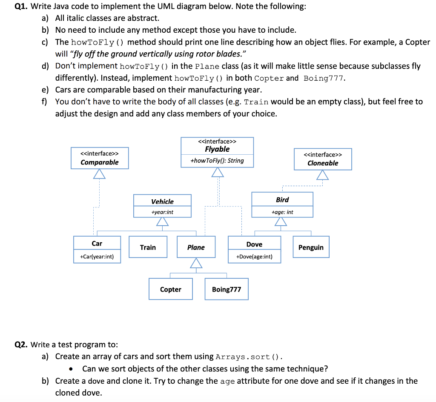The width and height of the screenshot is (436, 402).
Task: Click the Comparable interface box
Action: (99, 158)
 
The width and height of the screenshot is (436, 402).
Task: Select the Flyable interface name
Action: (217, 149)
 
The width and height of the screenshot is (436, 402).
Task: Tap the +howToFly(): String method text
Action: (217, 161)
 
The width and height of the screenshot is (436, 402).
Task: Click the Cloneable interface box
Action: (323, 159)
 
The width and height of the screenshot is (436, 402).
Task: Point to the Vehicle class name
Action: (162, 201)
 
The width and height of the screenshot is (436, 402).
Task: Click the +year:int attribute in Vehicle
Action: (162, 212)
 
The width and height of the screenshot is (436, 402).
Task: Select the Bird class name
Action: (282, 200)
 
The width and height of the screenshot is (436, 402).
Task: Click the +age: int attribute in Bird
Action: (282, 212)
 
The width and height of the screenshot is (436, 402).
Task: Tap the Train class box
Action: (148, 247)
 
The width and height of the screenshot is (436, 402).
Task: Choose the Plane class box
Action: (196, 247)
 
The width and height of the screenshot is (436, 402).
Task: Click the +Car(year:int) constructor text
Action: (97, 257)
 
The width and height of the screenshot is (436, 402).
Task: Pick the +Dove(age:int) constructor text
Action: (254, 257)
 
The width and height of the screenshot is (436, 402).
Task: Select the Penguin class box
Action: (311, 247)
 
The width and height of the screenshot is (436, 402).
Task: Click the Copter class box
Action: (170, 289)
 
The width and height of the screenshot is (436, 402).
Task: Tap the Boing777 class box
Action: (227, 289)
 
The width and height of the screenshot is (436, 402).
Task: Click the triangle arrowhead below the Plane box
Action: (196, 263)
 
